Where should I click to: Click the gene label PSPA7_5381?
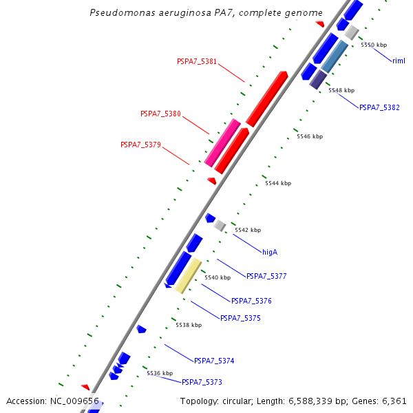click(196, 61)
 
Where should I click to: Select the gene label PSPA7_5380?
click(160, 114)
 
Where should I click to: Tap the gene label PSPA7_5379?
click(140, 145)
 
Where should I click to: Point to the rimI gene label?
click(399, 61)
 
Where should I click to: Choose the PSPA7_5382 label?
click(379, 107)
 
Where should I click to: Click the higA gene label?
click(270, 252)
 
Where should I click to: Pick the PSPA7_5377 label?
click(266, 276)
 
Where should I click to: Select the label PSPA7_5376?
click(251, 301)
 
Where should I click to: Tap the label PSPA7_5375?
click(240, 318)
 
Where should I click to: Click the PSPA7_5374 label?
click(214, 361)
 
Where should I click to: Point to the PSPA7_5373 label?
click(202, 381)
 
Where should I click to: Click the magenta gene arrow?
click(222, 142)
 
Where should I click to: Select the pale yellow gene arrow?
click(187, 275)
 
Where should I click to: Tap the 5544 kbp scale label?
click(278, 183)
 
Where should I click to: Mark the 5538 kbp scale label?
click(189, 325)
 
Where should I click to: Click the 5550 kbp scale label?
click(374, 44)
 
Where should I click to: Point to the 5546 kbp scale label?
click(310, 136)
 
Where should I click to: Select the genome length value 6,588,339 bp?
click(309, 401)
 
